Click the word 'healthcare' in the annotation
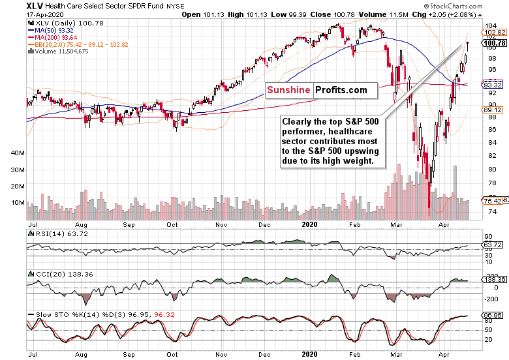355,130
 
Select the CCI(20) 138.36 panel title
57,275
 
